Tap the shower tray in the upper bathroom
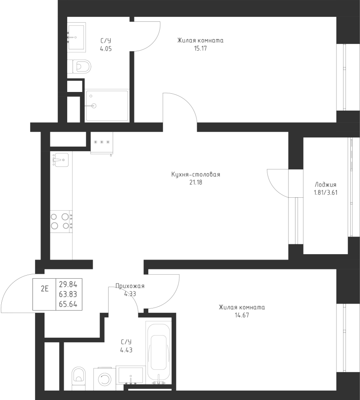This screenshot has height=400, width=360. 107,106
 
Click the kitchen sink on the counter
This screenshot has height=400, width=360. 61,159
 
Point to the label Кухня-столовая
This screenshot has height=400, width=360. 196,175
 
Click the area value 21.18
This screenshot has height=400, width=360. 196,182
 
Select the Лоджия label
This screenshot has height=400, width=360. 325,185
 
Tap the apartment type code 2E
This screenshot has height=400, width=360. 44,288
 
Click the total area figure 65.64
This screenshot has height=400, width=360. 68,304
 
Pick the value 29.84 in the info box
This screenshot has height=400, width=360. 68,285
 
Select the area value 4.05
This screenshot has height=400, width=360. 106,48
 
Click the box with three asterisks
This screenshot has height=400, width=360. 102,142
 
